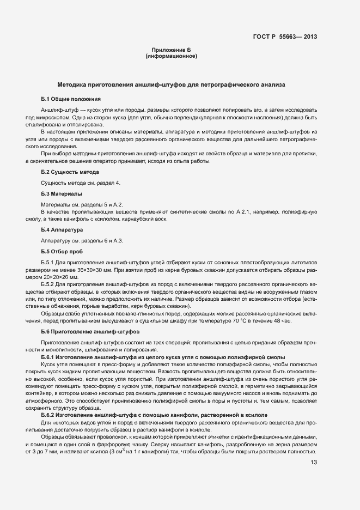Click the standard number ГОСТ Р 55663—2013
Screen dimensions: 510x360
point(285,37)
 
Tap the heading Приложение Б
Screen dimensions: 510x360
point(171,50)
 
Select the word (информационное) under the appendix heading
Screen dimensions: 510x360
point(171,56)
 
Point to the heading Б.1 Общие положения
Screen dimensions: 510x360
point(71,99)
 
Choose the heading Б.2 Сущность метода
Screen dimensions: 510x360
point(70,172)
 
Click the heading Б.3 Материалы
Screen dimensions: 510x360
point(62,193)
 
